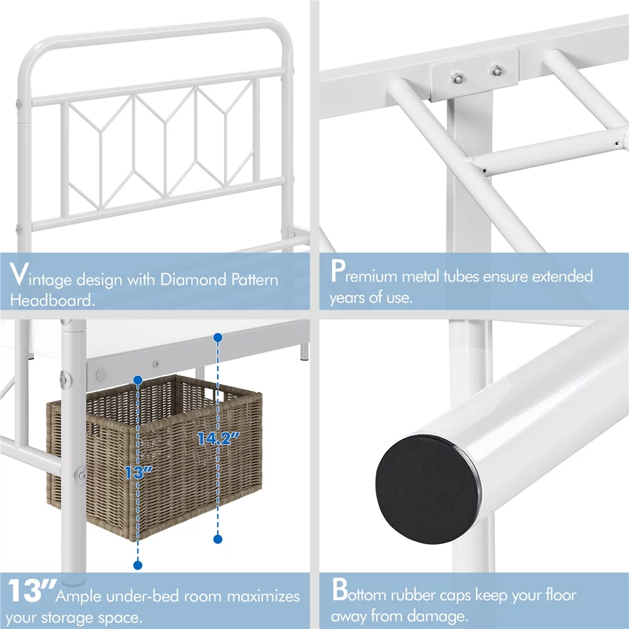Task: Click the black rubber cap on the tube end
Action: click(x=428, y=489)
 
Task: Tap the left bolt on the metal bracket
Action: click(x=457, y=78)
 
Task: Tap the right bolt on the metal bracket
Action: click(x=496, y=71)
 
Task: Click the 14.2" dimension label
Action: click(x=219, y=438)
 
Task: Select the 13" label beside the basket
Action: click(x=138, y=472)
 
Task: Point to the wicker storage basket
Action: click(x=155, y=457)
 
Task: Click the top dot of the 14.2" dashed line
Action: click(x=218, y=338)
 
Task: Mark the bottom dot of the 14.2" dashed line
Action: click(x=218, y=539)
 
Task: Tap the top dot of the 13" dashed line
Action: click(x=138, y=379)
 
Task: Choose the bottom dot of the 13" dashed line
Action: click(x=138, y=565)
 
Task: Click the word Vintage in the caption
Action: click(x=40, y=276)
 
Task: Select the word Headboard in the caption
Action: click(x=52, y=300)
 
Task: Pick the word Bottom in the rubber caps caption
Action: click(x=359, y=591)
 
